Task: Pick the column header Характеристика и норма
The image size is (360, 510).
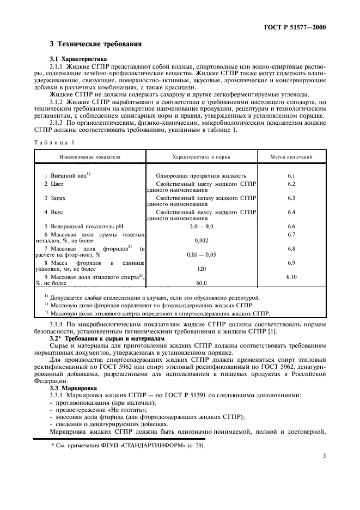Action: coord(201,157)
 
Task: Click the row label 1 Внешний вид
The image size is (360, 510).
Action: coord(67,175)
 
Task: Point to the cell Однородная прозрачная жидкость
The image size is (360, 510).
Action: coord(201,176)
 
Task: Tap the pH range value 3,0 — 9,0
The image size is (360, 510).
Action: coord(201,226)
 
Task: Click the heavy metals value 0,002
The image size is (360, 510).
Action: coord(201,240)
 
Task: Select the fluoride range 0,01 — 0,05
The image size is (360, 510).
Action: coord(201,254)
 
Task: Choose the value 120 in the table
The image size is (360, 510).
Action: coord(201,269)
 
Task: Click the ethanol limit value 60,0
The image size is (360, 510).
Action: coord(201,283)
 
